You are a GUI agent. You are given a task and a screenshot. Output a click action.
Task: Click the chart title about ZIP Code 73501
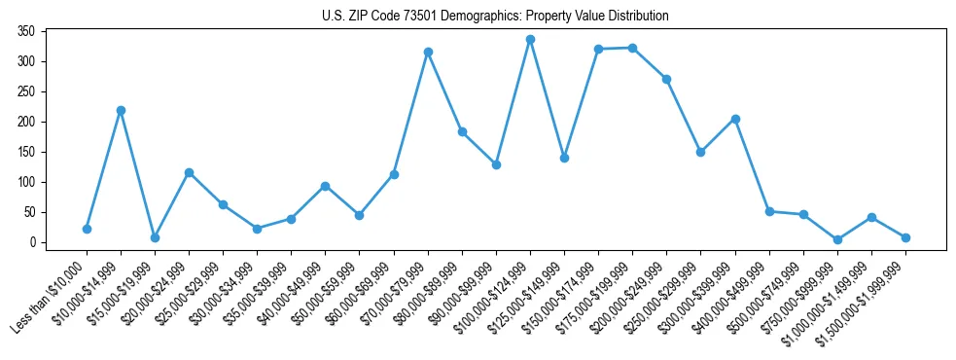(495, 16)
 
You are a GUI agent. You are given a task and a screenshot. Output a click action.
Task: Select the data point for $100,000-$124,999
(530, 40)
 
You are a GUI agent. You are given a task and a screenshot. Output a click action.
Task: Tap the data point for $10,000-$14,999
(121, 110)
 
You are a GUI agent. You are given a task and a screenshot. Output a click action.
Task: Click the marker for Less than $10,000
(87, 229)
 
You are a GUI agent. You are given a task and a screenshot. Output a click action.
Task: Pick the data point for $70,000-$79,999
(428, 52)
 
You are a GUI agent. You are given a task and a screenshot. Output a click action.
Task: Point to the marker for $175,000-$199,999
(632, 48)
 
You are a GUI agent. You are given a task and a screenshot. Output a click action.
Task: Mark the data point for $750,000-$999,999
(837, 239)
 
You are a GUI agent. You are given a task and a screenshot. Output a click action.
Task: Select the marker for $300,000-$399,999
(735, 119)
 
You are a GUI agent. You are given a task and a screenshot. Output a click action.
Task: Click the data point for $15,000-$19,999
(155, 237)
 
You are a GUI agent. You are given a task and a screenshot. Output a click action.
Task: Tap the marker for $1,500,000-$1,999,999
(905, 237)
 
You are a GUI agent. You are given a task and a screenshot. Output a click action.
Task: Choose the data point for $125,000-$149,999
(564, 158)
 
